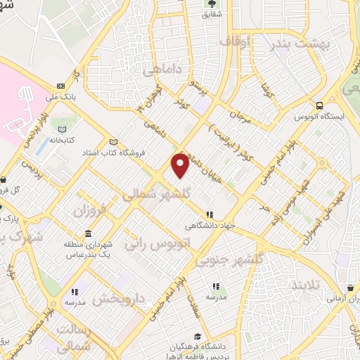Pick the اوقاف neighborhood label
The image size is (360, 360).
coord(235,42)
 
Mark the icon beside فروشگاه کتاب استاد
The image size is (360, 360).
coord(114,141)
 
